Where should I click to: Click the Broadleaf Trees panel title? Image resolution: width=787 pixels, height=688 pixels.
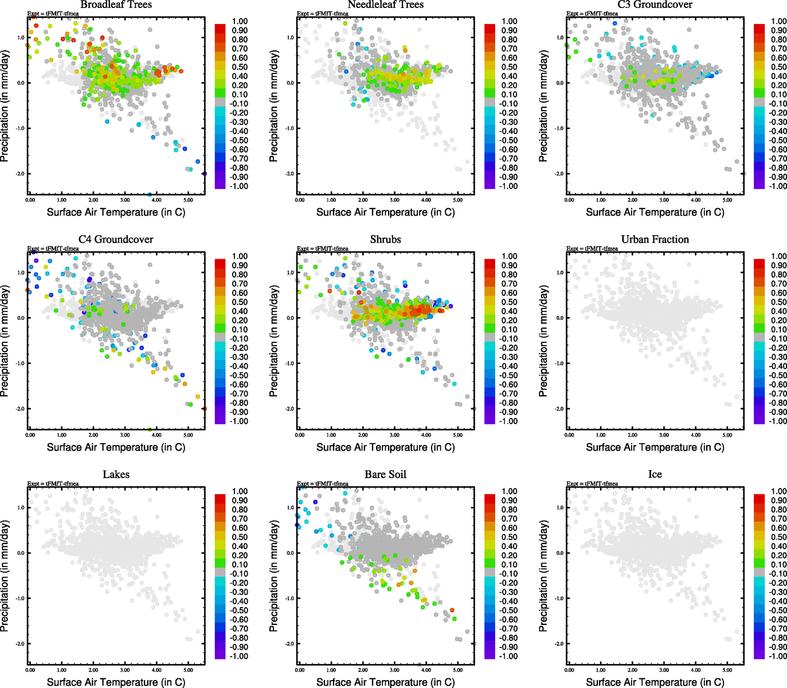point(116,5)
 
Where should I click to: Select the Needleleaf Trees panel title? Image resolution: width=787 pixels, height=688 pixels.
point(385,5)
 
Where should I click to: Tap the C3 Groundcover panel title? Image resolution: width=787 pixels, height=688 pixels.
point(655,5)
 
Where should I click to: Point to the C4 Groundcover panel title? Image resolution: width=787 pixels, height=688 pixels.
point(116,239)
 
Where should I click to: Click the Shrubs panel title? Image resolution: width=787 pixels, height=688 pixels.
point(385,239)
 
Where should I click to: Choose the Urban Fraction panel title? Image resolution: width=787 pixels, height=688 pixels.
point(655,239)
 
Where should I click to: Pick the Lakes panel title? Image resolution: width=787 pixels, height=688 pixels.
point(116,474)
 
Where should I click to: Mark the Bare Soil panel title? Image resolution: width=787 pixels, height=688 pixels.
point(385,474)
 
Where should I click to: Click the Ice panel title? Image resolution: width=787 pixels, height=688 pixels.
point(655,474)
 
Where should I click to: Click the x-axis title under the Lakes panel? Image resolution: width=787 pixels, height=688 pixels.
point(116,682)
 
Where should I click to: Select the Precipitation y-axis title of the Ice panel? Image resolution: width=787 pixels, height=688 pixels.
point(543,576)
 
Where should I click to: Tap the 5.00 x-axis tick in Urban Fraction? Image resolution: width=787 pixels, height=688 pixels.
point(727,435)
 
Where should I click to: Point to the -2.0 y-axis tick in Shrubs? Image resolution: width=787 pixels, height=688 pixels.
point(290,409)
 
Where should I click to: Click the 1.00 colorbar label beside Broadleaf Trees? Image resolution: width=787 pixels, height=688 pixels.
point(240,21)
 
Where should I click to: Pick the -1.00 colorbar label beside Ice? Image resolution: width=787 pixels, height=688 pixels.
point(777,656)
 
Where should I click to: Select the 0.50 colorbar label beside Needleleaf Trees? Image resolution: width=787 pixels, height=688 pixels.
point(509,67)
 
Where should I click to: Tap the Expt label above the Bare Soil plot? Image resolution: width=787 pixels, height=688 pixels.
point(322,484)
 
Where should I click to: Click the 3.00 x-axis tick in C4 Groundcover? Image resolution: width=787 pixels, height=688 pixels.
point(125,435)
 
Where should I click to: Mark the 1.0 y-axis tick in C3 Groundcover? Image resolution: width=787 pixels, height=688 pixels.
point(559,38)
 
